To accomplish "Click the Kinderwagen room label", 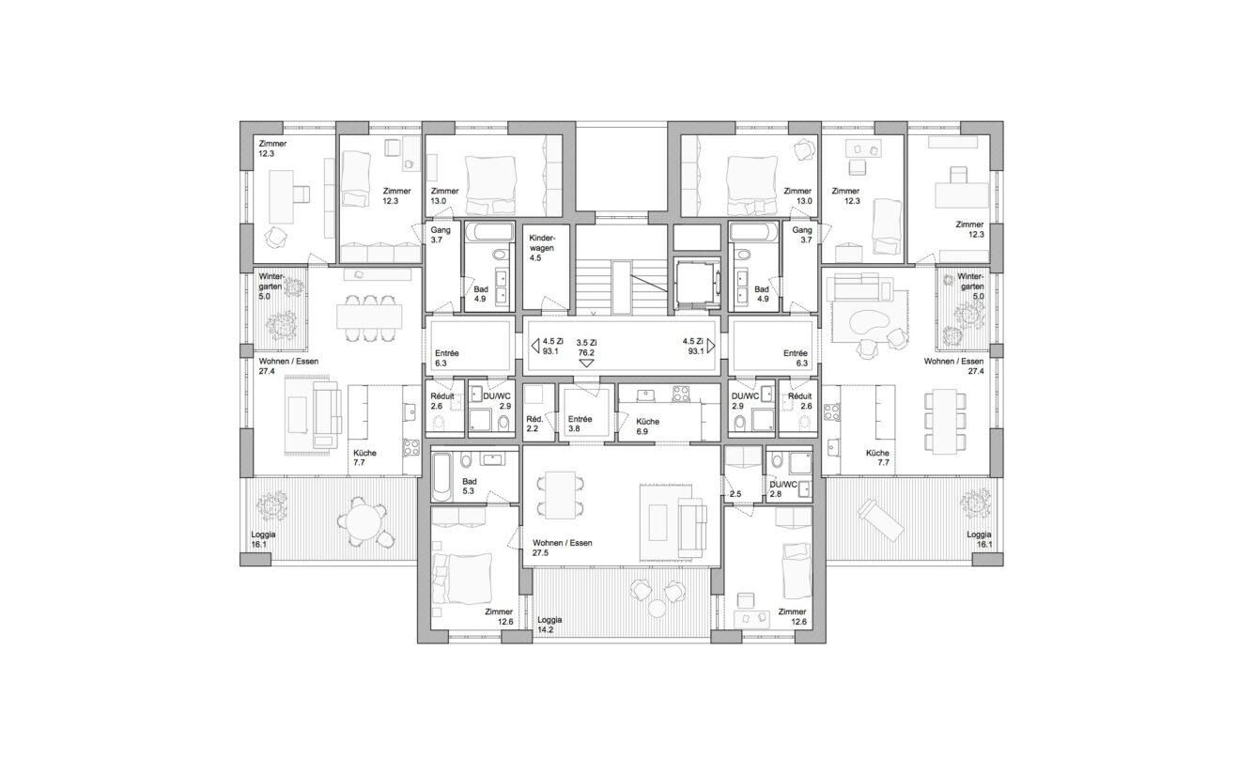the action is [542, 248].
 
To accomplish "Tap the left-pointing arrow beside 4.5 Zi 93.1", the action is [534, 346].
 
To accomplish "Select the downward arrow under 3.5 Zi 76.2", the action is [586, 364].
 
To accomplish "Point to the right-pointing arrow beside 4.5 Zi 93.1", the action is [711, 346].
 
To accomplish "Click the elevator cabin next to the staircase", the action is [698, 284].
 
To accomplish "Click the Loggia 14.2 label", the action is [549, 625].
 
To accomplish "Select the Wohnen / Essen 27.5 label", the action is [562, 548].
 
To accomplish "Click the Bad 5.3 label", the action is [470, 486].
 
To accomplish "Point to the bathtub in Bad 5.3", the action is [442, 477].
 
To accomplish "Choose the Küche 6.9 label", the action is [647, 426].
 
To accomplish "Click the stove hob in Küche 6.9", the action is [681, 394].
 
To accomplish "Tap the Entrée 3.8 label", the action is [580, 424].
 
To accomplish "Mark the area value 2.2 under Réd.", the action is [533, 428].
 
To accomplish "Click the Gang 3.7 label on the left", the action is [441, 235].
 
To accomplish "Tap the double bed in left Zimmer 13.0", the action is [490, 185].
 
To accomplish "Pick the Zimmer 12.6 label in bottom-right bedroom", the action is [792, 617].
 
